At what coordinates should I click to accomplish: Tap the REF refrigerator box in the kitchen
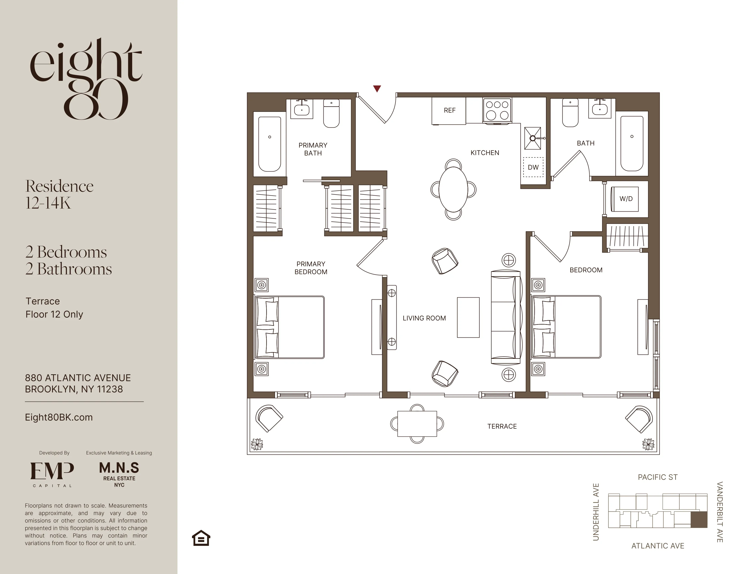[449, 111]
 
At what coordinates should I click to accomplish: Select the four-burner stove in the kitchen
[497, 110]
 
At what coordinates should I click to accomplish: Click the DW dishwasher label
[533, 167]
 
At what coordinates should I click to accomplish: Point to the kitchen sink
[532, 138]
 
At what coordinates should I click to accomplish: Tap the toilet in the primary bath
[331, 114]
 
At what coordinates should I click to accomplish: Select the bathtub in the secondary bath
[632, 144]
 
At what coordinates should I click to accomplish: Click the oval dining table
[453, 190]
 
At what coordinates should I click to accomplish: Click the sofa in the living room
[506, 318]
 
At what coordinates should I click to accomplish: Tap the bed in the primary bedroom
[290, 327]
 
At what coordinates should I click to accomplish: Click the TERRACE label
[502, 426]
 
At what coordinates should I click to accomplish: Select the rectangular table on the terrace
[417, 424]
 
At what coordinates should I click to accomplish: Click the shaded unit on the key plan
[699, 520]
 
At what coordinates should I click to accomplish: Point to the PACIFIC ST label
[657, 477]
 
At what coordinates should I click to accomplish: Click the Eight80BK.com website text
[59, 417]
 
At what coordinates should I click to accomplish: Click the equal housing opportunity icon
[201, 538]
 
